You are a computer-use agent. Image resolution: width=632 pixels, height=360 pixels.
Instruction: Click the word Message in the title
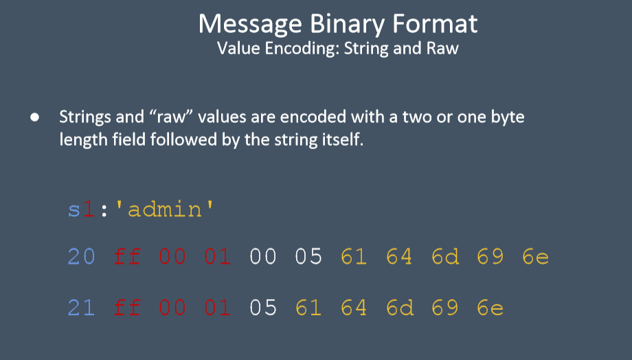point(250,24)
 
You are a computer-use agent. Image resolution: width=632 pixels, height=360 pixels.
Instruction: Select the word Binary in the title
point(347,25)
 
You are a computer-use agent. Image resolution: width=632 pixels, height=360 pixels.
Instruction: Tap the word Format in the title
point(436,23)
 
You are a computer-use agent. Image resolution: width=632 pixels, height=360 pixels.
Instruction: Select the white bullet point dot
point(34,117)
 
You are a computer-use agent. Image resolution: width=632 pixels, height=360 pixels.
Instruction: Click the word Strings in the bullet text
point(85,117)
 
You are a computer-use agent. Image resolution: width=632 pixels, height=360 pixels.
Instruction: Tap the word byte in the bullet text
point(508,117)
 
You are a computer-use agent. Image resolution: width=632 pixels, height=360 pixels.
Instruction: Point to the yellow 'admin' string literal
point(165,210)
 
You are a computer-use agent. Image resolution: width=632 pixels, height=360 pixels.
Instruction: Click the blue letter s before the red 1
point(74,210)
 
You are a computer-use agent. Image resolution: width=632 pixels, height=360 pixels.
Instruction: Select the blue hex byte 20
point(82,256)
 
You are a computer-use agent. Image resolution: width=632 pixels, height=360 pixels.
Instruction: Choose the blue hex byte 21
point(82,308)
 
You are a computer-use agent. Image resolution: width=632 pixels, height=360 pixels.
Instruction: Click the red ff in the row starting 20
point(127,256)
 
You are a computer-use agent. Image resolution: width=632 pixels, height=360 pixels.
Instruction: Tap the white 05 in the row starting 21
point(263,308)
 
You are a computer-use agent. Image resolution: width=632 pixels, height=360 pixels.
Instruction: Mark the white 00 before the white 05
point(263,256)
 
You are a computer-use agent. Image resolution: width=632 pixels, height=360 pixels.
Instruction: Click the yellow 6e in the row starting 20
point(536,256)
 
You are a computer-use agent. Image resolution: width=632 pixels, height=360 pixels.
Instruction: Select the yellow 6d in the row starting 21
point(400,308)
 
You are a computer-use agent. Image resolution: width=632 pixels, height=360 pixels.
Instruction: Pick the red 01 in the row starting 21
point(218,308)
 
